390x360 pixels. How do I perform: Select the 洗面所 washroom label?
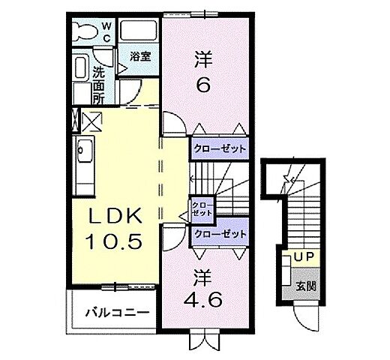click(x=98, y=85)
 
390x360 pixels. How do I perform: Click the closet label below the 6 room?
click(x=218, y=148)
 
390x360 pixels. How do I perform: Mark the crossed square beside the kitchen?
click(x=91, y=120)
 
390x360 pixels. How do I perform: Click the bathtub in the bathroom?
click(x=139, y=32)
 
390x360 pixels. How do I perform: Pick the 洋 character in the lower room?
click(x=202, y=277)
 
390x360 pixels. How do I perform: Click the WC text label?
click(x=106, y=32)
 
